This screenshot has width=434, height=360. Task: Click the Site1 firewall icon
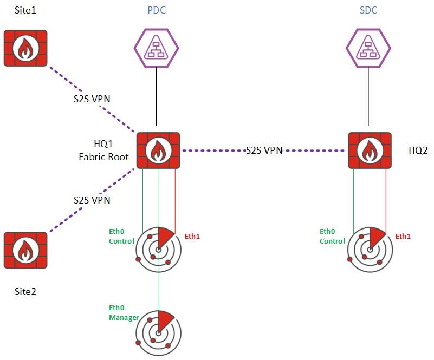(24, 48)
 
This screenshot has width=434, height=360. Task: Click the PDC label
(156, 10)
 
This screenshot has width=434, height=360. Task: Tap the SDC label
(368, 10)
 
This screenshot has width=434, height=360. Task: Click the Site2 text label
(24, 292)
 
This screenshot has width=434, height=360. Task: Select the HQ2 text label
(419, 150)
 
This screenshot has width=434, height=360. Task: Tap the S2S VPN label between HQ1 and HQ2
(264, 150)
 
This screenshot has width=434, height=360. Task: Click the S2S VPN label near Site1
(92, 100)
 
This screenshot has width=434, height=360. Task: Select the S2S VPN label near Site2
(92, 200)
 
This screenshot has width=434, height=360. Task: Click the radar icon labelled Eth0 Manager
(158, 332)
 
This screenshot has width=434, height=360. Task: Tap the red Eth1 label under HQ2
(403, 236)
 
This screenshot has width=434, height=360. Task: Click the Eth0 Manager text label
(124, 312)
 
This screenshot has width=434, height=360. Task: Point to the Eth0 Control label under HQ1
(121, 236)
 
